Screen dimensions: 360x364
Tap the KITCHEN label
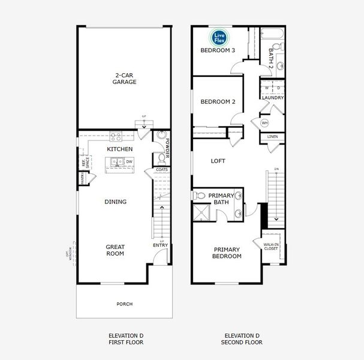[119, 149]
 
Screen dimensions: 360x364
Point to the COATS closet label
[161, 170]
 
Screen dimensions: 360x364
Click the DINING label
[115, 202]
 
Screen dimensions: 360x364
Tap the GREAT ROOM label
[115, 250]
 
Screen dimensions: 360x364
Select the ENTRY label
[160, 245]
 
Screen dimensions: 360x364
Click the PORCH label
[124, 304]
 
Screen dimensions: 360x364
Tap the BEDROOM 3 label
[216, 50]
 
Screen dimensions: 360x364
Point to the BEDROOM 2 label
[217, 101]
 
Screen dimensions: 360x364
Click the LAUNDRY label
[273, 98]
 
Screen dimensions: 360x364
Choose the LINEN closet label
[272, 137]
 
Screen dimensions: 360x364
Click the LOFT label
[218, 161]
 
